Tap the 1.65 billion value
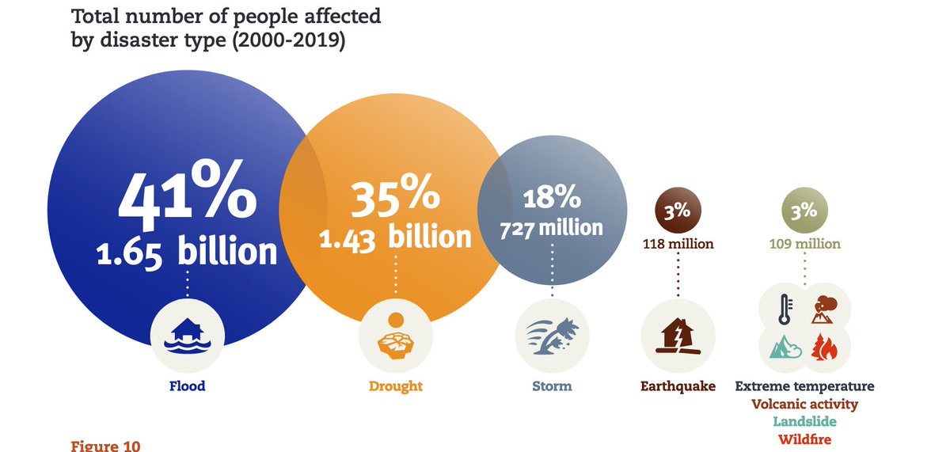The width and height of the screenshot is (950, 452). (187, 253)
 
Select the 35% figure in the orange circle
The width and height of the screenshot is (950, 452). (394, 198)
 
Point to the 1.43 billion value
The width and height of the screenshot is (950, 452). (394, 237)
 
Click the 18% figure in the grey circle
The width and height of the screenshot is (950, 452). (552, 197)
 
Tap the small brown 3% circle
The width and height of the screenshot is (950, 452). (677, 211)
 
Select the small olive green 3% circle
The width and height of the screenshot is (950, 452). (804, 211)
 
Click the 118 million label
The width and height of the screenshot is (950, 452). (677, 244)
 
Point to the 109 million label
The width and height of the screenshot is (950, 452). (804, 244)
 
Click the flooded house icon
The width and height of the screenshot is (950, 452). (188, 336)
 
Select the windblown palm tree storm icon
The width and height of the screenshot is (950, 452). (552, 336)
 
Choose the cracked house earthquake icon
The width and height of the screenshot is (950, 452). (677, 336)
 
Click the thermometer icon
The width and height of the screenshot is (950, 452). (784, 310)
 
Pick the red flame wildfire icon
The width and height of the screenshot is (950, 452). (824, 348)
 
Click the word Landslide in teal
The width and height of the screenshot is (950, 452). (804, 422)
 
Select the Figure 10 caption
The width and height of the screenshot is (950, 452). (105, 445)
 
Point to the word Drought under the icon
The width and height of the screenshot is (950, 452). (395, 386)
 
